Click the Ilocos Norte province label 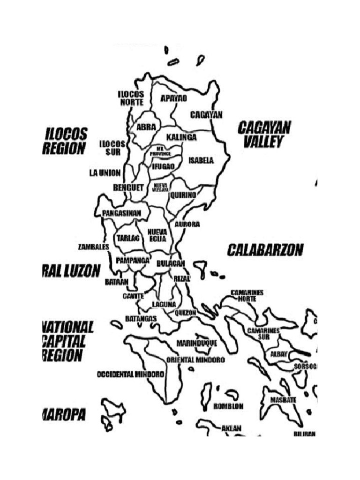(x=131, y=98)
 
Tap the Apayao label (x=173, y=98)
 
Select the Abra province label (x=146, y=127)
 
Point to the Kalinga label (x=181, y=137)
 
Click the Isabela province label (x=201, y=160)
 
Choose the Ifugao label (x=163, y=166)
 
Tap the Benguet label (x=128, y=187)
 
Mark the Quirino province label (x=183, y=195)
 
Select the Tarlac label (x=128, y=238)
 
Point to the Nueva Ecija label (x=157, y=235)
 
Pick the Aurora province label (x=187, y=224)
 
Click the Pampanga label (x=133, y=260)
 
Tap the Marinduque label (x=197, y=343)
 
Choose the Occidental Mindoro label (x=130, y=375)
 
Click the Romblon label (x=228, y=406)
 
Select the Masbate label (x=283, y=400)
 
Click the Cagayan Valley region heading (x=264, y=134)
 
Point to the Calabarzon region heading (x=265, y=250)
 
